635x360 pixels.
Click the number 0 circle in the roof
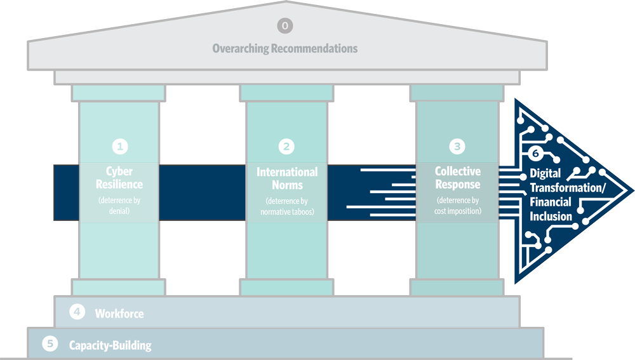click(284, 26)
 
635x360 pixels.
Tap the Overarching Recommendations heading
click(284, 48)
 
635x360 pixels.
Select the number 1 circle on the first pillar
click(119, 147)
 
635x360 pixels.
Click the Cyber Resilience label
click(119, 178)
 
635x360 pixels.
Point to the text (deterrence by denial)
click(119, 206)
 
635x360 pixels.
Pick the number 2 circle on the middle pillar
click(287, 147)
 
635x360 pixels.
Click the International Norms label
click(287, 178)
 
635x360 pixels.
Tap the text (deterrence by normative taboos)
click(287, 206)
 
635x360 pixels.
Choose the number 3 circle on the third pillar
click(457, 147)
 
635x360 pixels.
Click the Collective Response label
click(457, 178)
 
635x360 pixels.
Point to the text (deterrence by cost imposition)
click(457, 206)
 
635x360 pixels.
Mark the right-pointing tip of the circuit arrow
click(631, 190)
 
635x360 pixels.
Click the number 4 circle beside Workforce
click(76, 312)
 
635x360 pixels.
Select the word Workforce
click(119, 314)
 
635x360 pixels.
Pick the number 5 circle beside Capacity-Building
click(50, 344)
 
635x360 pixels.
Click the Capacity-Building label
click(110, 346)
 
